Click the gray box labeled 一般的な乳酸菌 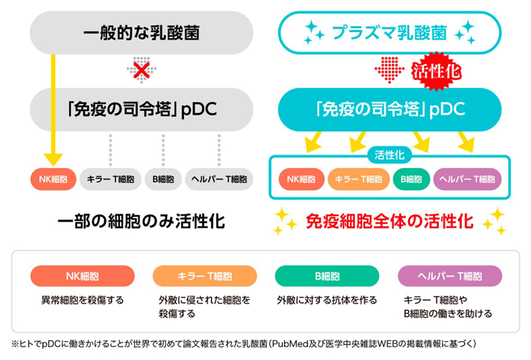click(x=142, y=32)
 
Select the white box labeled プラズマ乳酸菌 click(x=389, y=32)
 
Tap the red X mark click(x=142, y=70)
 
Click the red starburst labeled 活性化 click(x=436, y=71)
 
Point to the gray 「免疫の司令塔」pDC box click(x=142, y=109)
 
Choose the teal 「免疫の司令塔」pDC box click(x=389, y=109)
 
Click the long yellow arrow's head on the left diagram click(x=53, y=159)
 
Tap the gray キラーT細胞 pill click(x=110, y=179)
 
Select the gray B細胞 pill click(x=163, y=179)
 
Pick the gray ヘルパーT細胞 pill click(x=219, y=179)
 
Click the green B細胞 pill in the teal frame click(x=412, y=179)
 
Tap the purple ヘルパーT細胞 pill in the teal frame click(x=467, y=179)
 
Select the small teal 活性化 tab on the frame click(x=389, y=156)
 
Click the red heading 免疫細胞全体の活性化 click(x=389, y=221)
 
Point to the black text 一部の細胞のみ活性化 click(x=142, y=222)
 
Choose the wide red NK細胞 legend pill click(x=82, y=276)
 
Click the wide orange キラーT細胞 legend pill click(x=205, y=276)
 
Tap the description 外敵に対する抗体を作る click(x=327, y=300)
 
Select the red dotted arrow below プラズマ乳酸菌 click(x=389, y=70)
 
